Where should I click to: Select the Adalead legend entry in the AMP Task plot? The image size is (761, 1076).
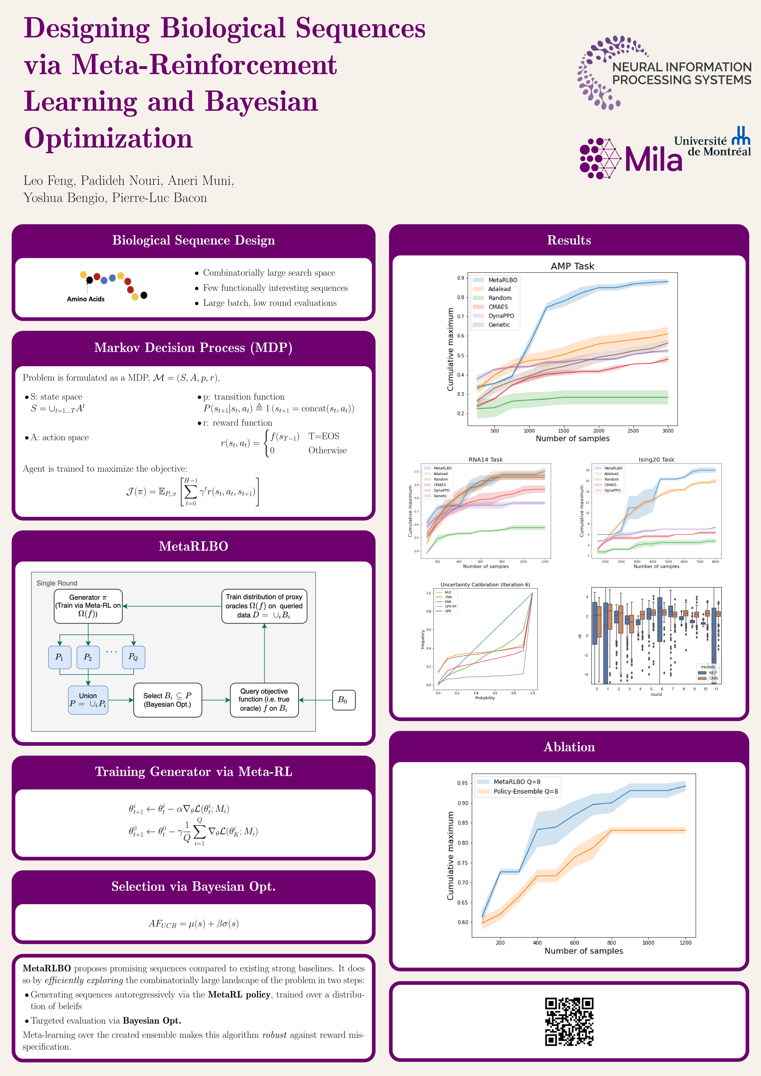[499, 289]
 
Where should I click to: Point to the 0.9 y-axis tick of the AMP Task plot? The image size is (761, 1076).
[460, 278]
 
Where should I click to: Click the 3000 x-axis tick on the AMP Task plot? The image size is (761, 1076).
[667, 431]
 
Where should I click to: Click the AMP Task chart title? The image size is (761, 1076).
[572, 266]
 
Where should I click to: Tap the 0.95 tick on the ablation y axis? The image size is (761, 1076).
[462, 783]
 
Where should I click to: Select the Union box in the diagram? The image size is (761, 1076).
[88, 700]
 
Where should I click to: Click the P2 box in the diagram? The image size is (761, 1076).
[88, 657]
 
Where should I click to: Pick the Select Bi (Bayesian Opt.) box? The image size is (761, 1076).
[167, 700]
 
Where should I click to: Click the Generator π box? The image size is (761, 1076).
[88, 606]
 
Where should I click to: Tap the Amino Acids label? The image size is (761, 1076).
[86, 299]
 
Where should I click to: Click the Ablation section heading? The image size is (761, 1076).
[569, 747]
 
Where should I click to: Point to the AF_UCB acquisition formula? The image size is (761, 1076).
[194, 924]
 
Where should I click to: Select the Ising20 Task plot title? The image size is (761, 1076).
[656, 459]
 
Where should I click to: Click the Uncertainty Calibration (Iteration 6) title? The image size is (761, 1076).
[485, 584]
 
